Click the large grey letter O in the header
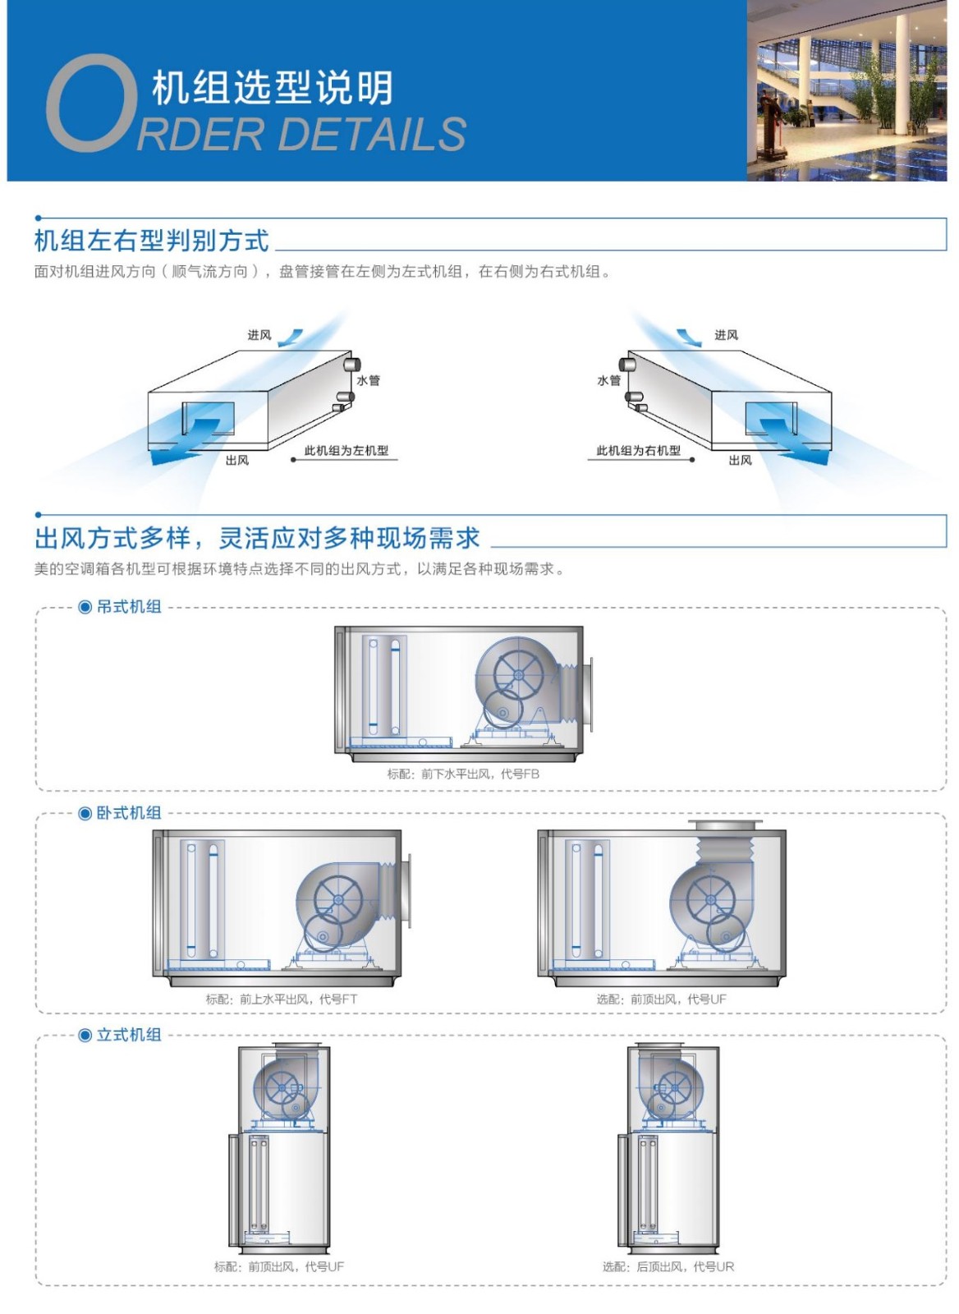(90, 103)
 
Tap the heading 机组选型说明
(272, 87)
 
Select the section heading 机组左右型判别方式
(152, 241)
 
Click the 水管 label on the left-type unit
(368, 380)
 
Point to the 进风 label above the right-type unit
(726, 335)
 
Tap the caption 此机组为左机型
(346, 450)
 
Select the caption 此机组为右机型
(639, 450)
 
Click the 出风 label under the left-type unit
(236, 461)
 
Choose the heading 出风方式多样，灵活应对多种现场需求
(257, 539)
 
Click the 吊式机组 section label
(128, 607)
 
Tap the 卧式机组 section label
(128, 813)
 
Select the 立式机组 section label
(128, 1035)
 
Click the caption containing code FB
(463, 774)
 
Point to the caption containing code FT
(282, 999)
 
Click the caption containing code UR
(668, 1267)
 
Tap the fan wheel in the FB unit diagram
(518, 676)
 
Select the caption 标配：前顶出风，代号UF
(279, 1267)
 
